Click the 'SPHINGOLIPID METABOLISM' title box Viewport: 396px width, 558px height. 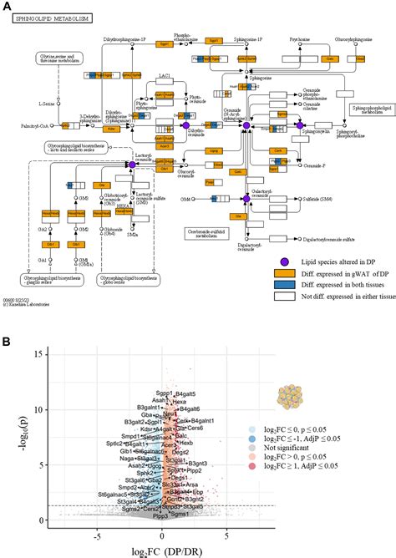click(x=51, y=18)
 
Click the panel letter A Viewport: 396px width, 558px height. click(x=7, y=6)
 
